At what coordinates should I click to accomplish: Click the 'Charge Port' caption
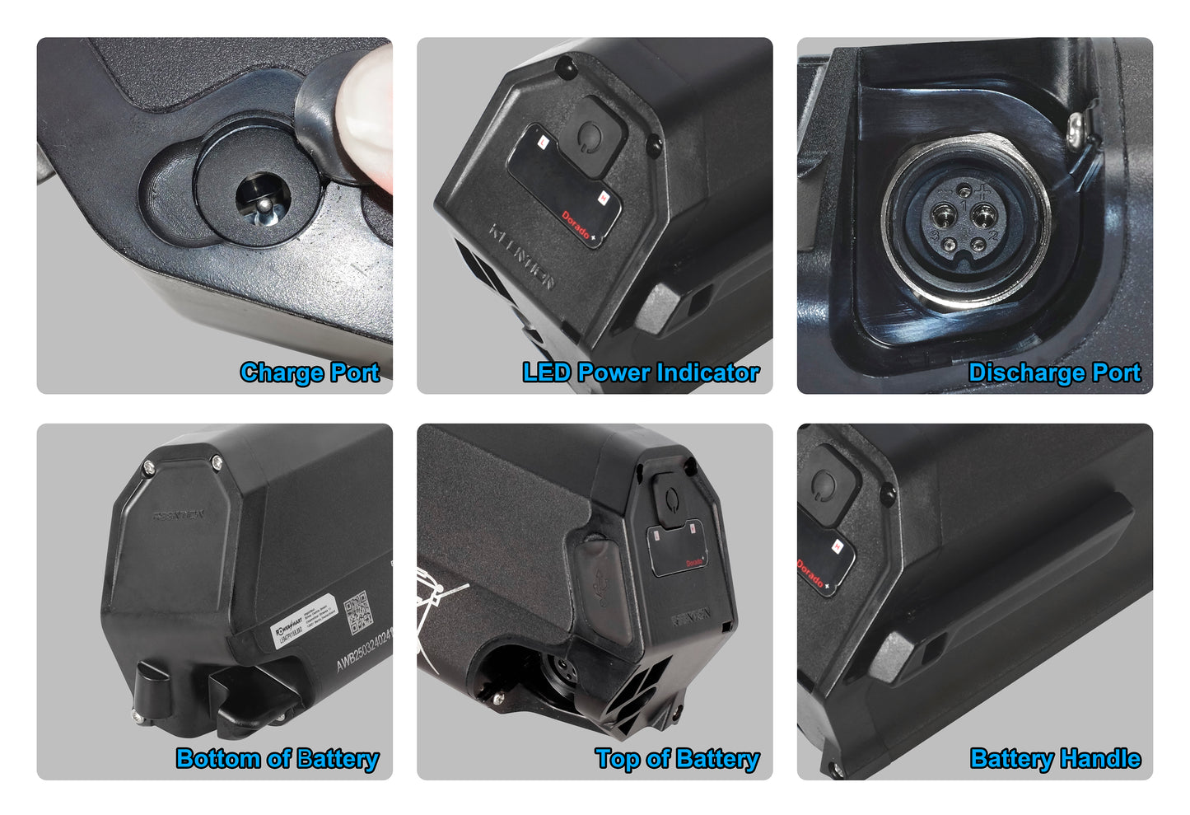pos(310,372)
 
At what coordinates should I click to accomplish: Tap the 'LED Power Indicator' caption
pos(641,372)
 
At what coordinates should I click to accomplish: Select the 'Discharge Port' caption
pos(1054,372)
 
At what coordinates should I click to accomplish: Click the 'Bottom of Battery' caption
pos(278,759)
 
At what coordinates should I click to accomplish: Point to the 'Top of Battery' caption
pos(677,759)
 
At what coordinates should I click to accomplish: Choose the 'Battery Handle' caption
pos(1055,759)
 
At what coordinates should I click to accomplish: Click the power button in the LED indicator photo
pos(590,133)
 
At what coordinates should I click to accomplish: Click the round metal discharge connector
pos(965,221)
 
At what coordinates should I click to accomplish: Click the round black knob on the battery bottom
pos(153,693)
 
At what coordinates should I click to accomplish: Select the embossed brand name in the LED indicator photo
pos(522,255)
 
